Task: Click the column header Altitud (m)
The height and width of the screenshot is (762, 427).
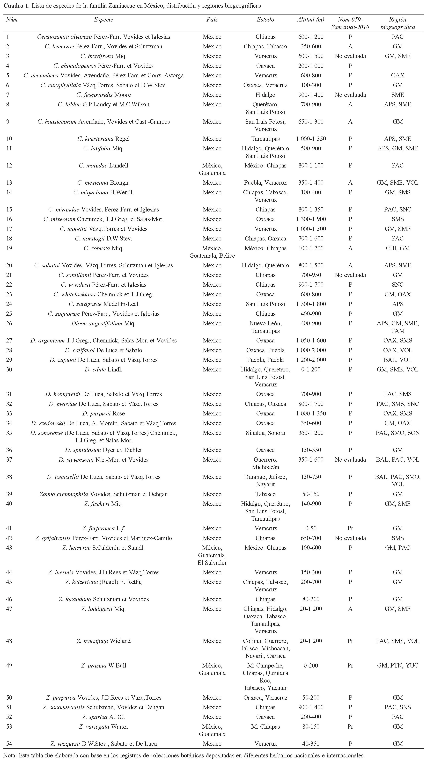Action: coord(310,20)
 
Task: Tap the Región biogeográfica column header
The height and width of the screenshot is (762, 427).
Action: coord(397,23)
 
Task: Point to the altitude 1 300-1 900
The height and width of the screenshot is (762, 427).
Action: coord(311,219)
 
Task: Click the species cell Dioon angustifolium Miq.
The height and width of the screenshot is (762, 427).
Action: coord(103,323)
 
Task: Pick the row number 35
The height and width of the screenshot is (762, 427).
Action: coord(9,433)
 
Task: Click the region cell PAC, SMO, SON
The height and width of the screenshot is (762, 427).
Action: coord(397,433)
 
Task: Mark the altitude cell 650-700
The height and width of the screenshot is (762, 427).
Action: coord(311,538)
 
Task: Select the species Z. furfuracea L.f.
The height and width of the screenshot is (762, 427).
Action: coord(103,528)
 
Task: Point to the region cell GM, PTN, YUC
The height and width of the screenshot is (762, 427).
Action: coord(397,666)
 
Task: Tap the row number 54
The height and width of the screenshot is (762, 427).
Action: coord(9,744)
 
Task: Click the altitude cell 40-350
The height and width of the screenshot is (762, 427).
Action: coord(311,744)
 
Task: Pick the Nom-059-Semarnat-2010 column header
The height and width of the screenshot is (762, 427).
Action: coord(350,23)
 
